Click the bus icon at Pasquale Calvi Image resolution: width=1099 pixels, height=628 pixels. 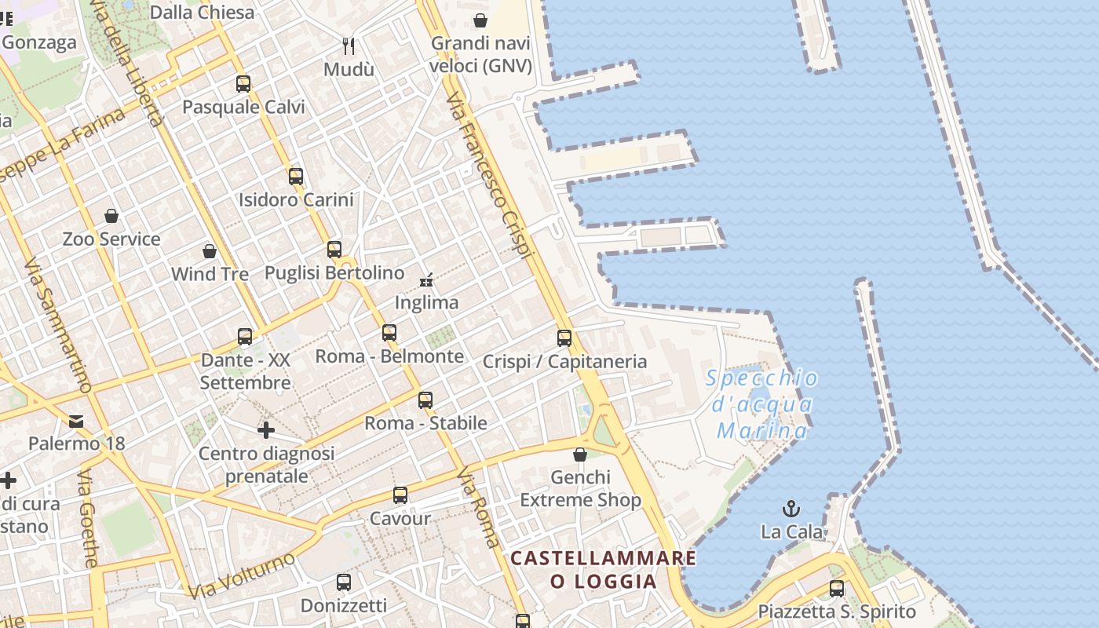coord(243,83)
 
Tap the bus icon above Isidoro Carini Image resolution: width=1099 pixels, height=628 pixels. coord(296,176)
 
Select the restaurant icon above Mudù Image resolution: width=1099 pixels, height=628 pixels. coord(349,46)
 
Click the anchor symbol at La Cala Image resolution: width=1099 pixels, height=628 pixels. coord(791,509)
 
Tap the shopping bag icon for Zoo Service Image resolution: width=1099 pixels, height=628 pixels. coord(111,215)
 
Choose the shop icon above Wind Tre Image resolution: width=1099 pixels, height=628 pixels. coord(210,250)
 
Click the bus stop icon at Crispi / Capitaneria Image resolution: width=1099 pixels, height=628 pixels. coord(564,338)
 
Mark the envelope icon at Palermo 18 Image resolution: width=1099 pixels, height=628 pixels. coord(76,422)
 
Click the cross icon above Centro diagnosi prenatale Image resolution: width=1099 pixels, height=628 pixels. coord(266,430)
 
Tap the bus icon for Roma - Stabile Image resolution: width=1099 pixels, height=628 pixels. coord(425,400)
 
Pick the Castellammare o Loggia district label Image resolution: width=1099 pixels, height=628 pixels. coord(603,570)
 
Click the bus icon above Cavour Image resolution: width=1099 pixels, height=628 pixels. coord(400,495)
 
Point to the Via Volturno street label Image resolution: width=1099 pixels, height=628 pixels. coord(242,575)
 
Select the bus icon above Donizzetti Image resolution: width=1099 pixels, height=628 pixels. coord(344,582)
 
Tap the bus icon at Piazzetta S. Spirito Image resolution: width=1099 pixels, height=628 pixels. coord(837,588)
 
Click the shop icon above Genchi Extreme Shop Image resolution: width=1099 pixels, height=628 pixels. coord(580,455)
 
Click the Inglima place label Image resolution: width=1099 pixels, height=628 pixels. coord(426,302)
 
